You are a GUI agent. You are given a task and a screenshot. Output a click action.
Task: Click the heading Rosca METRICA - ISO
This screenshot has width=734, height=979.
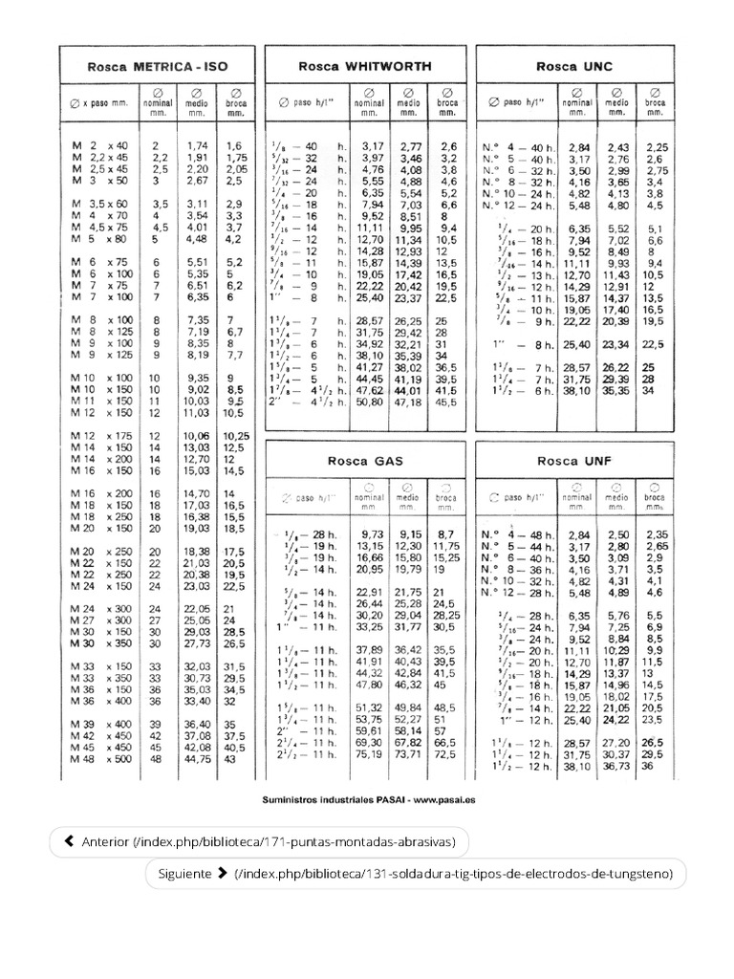click(157, 68)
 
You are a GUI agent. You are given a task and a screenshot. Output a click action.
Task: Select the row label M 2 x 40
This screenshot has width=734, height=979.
click(100, 145)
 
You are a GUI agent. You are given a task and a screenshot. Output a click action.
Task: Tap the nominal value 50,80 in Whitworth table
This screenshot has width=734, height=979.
click(369, 403)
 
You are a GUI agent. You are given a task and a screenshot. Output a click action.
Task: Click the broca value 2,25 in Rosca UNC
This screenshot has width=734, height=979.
click(657, 146)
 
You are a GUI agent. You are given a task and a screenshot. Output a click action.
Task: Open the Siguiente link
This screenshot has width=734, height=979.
click(416, 873)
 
